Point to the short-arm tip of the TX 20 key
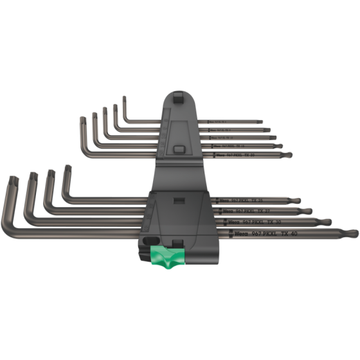point(82,118)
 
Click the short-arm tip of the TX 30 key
point(30,174)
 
